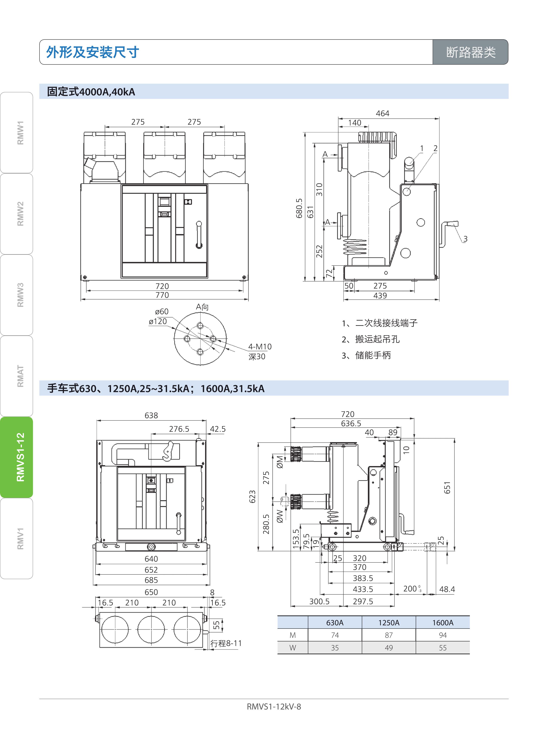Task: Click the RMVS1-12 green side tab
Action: coord(17,457)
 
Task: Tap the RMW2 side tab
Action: coord(17,214)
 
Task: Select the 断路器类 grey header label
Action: coord(470,52)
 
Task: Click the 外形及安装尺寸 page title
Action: coord(93,52)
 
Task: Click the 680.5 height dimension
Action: coord(299,208)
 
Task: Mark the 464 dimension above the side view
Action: coord(382,113)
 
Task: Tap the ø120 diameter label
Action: coord(158,321)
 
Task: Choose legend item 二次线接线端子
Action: coord(387,323)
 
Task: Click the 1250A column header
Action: coord(389,623)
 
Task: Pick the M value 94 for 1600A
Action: coord(443,635)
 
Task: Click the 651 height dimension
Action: coord(447,488)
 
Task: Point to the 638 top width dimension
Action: coord(151,415)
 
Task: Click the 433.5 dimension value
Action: coord(363,589)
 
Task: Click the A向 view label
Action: coord(202,307)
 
